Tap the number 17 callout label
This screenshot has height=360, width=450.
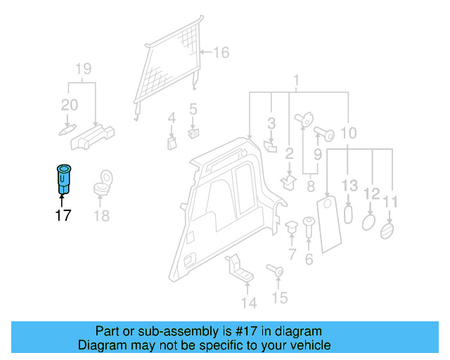point(63,215)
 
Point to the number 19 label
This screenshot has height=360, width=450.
point(83,69)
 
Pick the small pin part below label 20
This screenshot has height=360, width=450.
point(64,130)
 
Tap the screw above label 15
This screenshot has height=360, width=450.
point(275,269)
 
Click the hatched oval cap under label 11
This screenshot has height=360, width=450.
point(387,231)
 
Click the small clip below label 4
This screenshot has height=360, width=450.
point(171,143)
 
